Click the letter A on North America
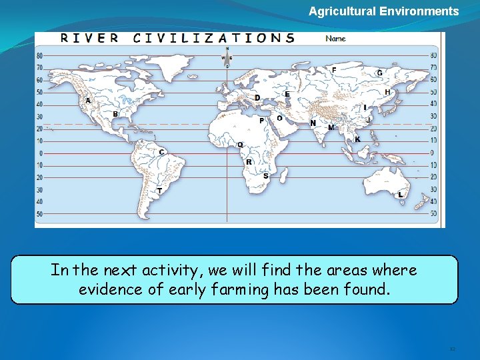pos(88,101)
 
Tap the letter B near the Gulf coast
pos(115,114)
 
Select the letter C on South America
pos(161,152)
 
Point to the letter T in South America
pos(159,191)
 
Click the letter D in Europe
pos(257,98)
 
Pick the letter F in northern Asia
pos(334,70)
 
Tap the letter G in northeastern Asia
pos(379,73)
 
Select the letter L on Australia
pos(400,195)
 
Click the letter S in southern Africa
pos(265,175)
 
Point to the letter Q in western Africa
pos(240,145)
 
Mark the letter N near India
pos(313,123)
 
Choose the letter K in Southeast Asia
pos(357,139)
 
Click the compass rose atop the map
pos(227,57)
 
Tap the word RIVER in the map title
pos(89,38)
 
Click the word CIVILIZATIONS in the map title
pos(213,38)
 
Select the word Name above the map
pos(335,39)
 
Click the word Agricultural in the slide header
pos(342,11)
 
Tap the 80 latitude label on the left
pos(39,56)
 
